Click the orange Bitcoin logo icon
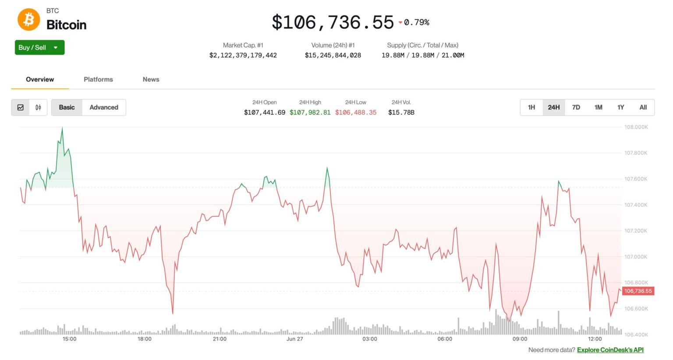click(28, 20)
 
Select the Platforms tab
click(98, 79)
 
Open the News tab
click(151, 79)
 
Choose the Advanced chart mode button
click(104, 107)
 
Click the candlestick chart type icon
click(38, 107)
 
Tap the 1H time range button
click(531, 107)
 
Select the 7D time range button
click(576, 107)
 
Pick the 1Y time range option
click(620, 107)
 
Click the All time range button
click(643, 107)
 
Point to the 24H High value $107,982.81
click(310, 113)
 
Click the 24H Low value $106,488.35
click(355, 113)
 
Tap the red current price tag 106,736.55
click(638, 291)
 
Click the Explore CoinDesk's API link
click(610, 350)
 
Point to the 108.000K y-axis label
click(636, 127)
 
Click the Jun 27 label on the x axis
click(294, 339)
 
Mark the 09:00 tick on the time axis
click(520, 339)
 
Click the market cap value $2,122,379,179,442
click(243, 55)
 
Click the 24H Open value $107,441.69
click(264, 113)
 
